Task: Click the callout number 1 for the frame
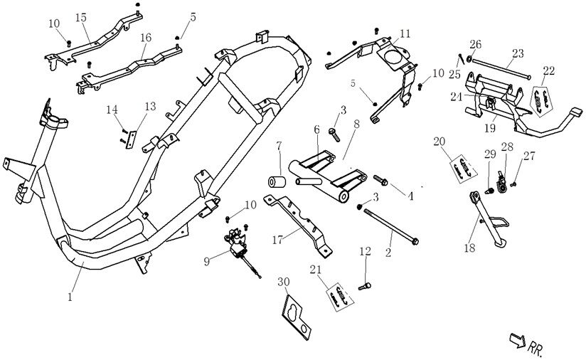click(x=70, y=297)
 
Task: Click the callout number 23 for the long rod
click(x=517, y=53)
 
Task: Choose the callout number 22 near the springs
click(x=548, y=70)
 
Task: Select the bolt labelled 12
click(x=365, y=285)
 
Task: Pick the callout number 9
click(x=207, y=261)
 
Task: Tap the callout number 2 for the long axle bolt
click(x=389, y=252)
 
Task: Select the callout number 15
click(x=80, y=16)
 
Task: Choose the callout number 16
click(x=145, y=36)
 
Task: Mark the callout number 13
click(x=149, y=106)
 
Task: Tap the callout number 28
click(x=507, y=147)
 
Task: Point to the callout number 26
click(x=476, y=44)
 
